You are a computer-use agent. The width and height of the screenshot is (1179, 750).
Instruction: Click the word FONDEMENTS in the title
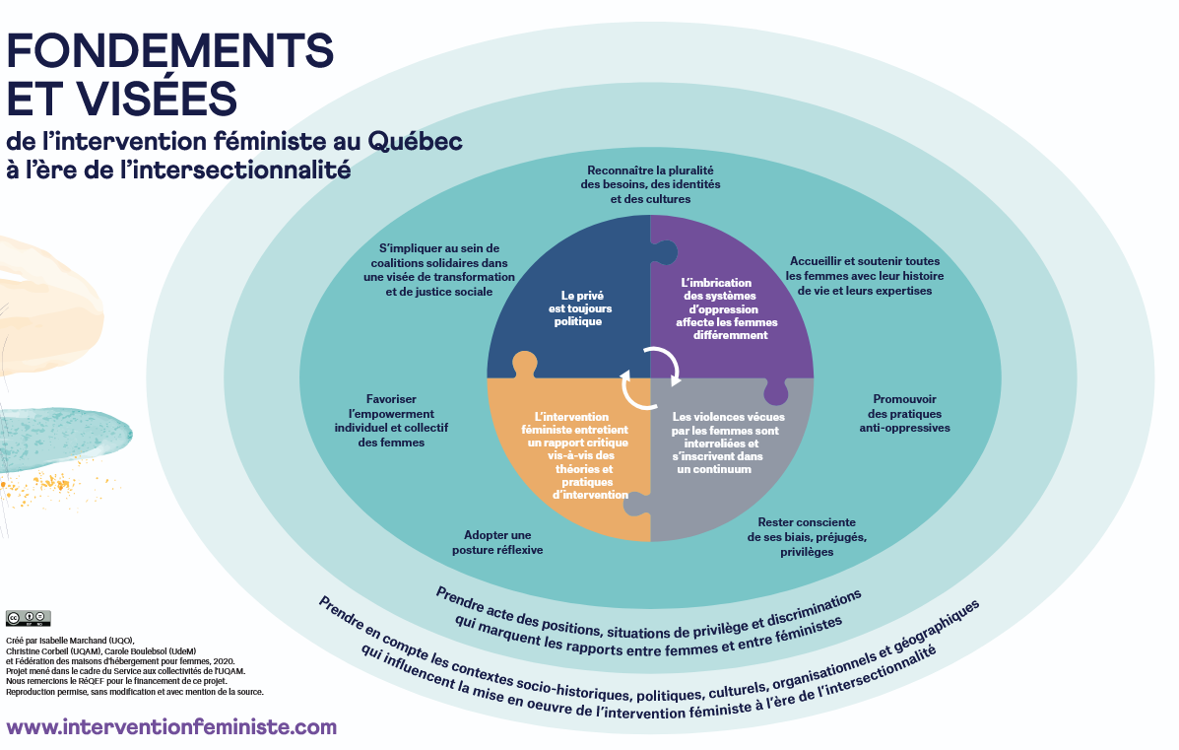point(170,49)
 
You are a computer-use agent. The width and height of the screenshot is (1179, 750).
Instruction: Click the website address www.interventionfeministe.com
point(171,727)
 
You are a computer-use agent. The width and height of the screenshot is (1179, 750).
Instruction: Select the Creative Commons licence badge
point(28,618)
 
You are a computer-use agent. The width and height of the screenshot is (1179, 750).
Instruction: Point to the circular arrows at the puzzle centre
point(650,371)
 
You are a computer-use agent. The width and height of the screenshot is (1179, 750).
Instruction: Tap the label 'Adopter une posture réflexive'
point(497,542)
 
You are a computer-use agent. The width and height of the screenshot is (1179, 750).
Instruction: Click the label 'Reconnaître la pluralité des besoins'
point(650,184)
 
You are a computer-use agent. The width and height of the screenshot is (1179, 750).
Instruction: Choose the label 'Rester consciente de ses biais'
point(807,536)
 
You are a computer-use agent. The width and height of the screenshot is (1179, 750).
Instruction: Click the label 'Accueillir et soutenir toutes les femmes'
point(865,276)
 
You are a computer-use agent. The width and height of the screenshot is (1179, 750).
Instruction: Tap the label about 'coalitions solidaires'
point(439,270)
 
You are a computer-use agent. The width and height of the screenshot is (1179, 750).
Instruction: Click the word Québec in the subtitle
point(415,141)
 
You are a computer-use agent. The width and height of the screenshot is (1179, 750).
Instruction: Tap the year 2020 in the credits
point(221,661)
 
